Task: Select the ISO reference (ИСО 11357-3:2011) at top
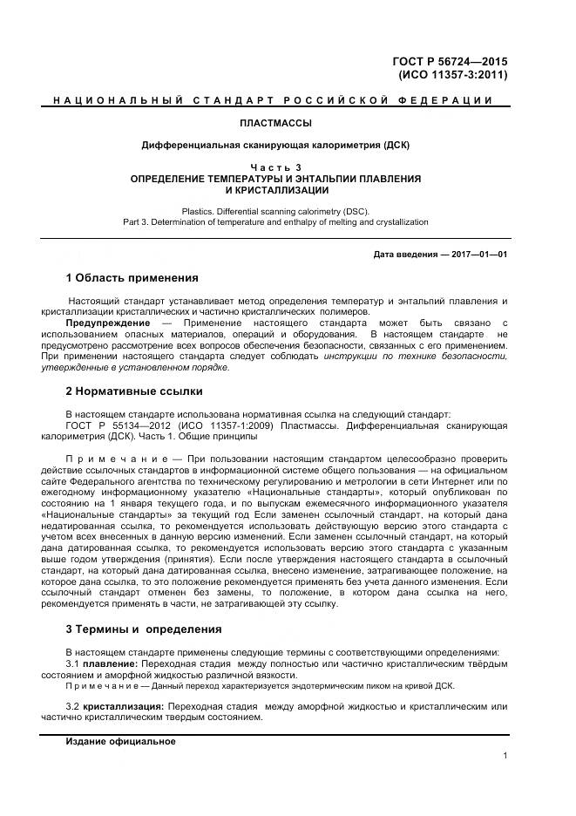point(452,75)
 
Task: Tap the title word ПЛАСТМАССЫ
point(275,123)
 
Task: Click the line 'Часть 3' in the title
point(275,167)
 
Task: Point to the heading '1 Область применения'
point(132,278)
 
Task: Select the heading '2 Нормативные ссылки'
point(134,391)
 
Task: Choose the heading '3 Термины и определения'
point(144,629)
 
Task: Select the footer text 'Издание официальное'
point(121,741)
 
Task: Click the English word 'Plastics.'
point(201,211)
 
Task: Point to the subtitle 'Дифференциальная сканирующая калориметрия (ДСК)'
point(275,145)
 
